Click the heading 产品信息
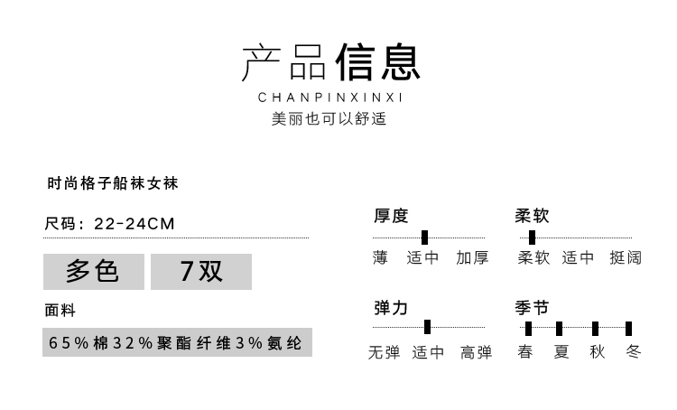click(330, 61)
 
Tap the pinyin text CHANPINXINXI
click(330, 98)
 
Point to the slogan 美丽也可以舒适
click(329, 118)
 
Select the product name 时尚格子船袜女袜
click(113, 183)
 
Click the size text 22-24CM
click(134, 224)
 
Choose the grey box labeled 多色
click(94, 272)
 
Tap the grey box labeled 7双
click(201, 272)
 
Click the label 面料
click(60, 310)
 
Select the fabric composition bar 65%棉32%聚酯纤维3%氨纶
click(177, 342)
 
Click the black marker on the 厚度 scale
click(425, 238)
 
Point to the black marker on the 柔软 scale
click(532, 238)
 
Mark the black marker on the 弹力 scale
click(428, 327)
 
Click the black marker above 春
click(528, 329)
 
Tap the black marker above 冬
click(628, 329)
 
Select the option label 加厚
click(472, 258)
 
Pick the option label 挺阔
click(626, 258)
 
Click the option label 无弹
click(384, 352)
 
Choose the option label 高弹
click(477, 352)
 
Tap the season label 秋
click(598, 352)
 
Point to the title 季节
click(532, 308)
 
